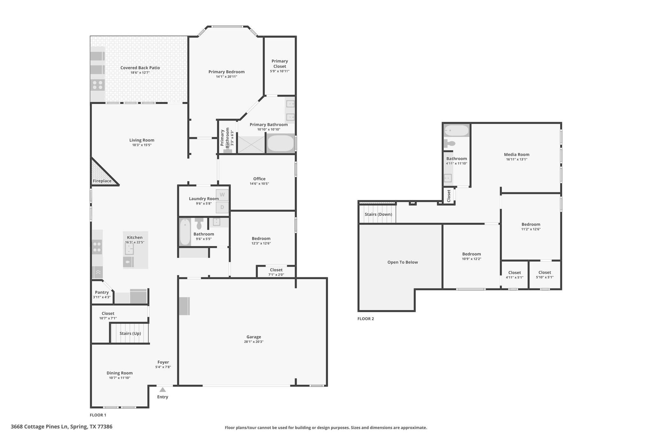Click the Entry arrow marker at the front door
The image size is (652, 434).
(162, 390)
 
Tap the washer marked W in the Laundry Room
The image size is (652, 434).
(222, 195)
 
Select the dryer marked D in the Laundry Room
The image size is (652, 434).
(222, 207)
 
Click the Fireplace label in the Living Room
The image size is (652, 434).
(102, 181)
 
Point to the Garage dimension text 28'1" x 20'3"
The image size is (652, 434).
(253, 342)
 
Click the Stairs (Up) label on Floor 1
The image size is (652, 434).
(130, 333)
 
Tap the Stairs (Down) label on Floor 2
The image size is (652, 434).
(378, 214)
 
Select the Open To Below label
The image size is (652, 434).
(402, 262)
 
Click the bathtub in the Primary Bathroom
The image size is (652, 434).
(280, 143)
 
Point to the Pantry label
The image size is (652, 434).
(102, 292)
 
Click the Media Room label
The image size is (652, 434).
(516, 155)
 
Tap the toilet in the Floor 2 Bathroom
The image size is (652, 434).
(450, 143)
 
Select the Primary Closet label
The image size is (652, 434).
(280, 64)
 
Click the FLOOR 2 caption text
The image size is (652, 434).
(365, 319)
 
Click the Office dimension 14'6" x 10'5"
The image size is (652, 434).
(259, 183)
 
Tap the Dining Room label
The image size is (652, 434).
(119, 373)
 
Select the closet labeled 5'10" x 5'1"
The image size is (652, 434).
(544, 274)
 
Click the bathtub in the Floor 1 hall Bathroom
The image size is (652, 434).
(185, 232)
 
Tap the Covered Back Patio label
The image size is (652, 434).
(140, 68)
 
